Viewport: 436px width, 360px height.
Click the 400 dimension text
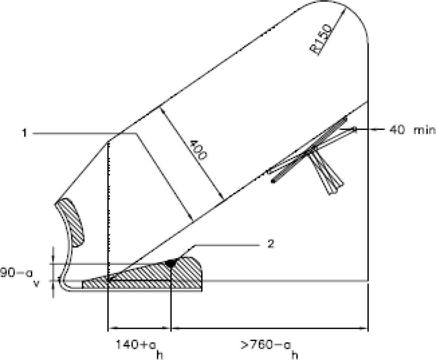(198, 150)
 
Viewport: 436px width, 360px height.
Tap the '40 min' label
(411, 130)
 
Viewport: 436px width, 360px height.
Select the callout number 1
(25, 133)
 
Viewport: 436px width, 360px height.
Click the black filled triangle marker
(171, 263)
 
